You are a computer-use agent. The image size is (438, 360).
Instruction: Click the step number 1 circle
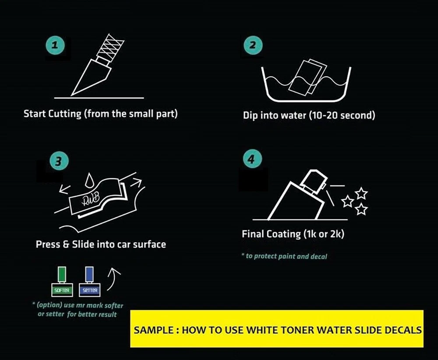55,45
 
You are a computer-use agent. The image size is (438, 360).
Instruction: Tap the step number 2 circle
253,45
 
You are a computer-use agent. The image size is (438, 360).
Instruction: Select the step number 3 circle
59,161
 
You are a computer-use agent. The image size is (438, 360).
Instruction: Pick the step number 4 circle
252,159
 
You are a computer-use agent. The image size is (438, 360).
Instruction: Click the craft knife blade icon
98,65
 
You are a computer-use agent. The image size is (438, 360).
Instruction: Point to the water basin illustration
306,81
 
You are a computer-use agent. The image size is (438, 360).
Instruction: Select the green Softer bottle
62,282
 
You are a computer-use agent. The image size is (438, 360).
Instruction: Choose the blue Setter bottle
89,282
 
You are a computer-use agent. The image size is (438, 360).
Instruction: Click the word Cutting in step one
65,114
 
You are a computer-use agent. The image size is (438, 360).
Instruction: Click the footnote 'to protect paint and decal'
284,256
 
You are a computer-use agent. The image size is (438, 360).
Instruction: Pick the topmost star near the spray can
361,193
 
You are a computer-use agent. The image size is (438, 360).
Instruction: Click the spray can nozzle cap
313,181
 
